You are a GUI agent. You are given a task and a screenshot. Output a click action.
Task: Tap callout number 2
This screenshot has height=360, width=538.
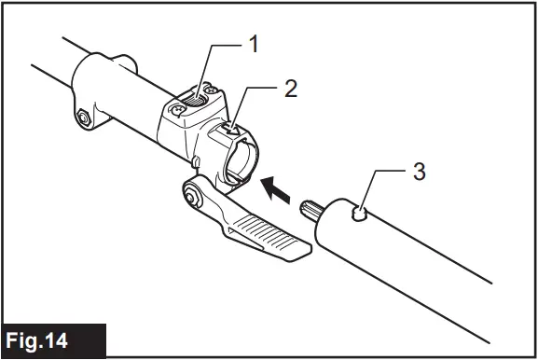(x=292, y=90)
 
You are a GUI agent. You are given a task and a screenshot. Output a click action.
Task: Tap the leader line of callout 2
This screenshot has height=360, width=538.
(x=261, y=93)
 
